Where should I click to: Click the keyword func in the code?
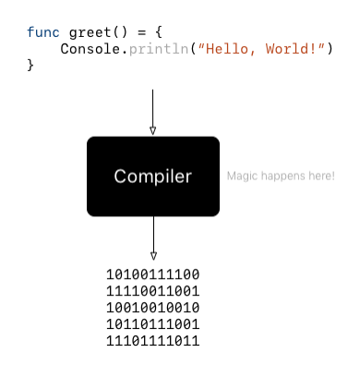tap(42, 31)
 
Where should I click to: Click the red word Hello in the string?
tap(228, 48)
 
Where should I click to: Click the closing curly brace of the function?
tap(30, 65)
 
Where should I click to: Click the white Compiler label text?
tap(153, 176)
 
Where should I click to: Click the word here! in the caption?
tap(322, 176)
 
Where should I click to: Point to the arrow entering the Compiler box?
tap(153, 113)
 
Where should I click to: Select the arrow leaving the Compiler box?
tap(153, 238)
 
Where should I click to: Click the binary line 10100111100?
tap(153, 274)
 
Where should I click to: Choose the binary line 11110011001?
tap(153, 291)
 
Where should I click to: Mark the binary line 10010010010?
tap(153, 308)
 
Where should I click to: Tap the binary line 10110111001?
tap(153, 324)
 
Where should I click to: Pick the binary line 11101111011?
tap(153, 341)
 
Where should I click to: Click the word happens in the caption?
tap(281, 176)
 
